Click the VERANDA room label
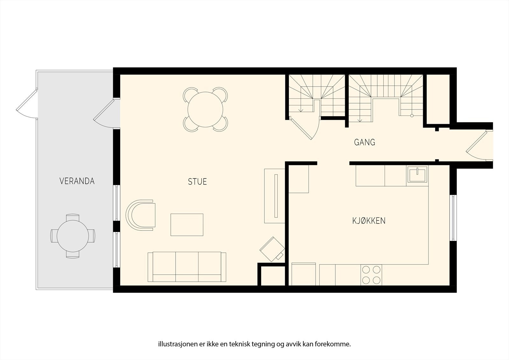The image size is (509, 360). pos(77,181)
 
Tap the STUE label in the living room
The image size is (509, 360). pos(197,182)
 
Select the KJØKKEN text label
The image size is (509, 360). pos(369,221)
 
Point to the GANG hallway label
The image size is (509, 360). pos(365,142)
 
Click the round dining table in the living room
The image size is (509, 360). pos(205,109)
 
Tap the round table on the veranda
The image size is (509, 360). pos(73,236)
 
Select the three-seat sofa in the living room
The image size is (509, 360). pos(187,267)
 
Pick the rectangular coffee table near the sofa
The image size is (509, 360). pos(187,225)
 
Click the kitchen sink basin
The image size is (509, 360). pos(417,174)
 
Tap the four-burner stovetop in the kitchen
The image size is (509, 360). pos(371,275)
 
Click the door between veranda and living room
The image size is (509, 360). pos(106,113)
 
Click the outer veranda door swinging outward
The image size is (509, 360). pos(27,104)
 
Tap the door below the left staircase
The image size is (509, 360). pos(304,128)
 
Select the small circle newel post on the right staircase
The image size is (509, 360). pos(412,116)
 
